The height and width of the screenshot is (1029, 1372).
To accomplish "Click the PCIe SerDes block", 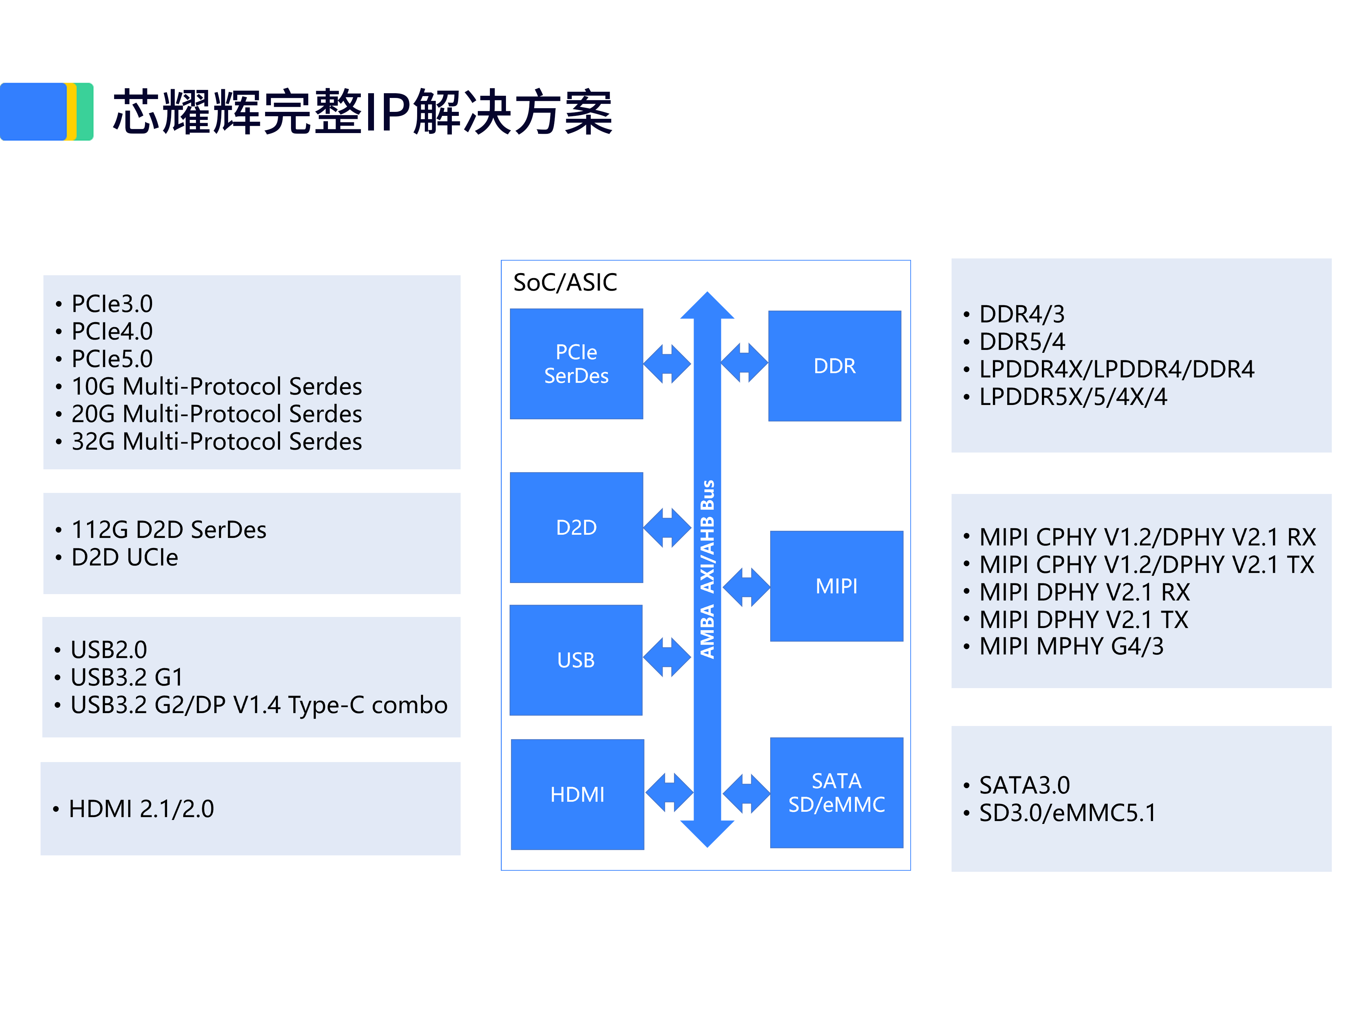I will coord(576,364).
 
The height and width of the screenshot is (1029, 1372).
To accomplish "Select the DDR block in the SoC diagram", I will coord(834,366).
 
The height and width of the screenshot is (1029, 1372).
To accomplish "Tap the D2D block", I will coord(576,527).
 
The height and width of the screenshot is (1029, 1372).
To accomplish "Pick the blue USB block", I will coord(575,660).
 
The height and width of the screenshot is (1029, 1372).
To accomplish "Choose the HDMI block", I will coord(577,795).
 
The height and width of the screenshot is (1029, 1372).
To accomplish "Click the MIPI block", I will coord(836,586).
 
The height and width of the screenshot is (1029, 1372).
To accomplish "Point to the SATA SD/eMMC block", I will coord(836,793).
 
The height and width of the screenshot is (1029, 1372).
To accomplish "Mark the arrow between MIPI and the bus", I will coord(746,587).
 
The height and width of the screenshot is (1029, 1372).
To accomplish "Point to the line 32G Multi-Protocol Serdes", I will coord(216,442).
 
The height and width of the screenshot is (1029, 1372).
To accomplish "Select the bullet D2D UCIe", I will coord(125,557).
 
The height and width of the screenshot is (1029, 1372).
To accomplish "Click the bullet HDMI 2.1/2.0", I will coord(141,809).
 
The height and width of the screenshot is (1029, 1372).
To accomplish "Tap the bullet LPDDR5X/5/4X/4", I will coord(1073,397).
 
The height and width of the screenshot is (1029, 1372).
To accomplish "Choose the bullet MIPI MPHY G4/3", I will coord(1071,646).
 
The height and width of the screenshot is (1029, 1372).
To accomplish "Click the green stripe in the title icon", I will coord(85,111).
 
